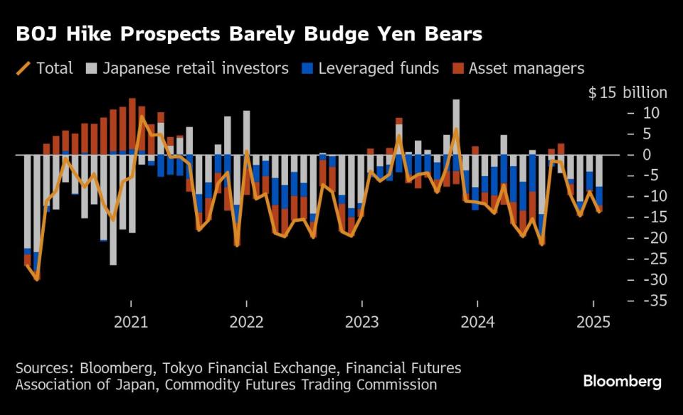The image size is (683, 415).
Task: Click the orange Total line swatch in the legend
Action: pos(23,69)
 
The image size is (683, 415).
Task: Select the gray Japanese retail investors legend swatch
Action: pos(91,69)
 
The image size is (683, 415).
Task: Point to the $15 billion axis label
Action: pos(628,93)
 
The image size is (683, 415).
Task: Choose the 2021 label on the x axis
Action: pos(131,322)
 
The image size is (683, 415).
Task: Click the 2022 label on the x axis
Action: pos(246,322)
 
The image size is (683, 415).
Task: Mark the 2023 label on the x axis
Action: pos(362,322)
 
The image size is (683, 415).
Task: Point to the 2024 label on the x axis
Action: pos(477,322)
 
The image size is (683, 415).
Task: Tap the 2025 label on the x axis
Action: pos(593,322)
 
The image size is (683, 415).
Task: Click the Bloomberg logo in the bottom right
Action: pos(622,382)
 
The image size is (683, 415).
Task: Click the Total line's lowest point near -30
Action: pos(37,279)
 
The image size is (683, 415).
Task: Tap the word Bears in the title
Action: pos(455,34)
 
